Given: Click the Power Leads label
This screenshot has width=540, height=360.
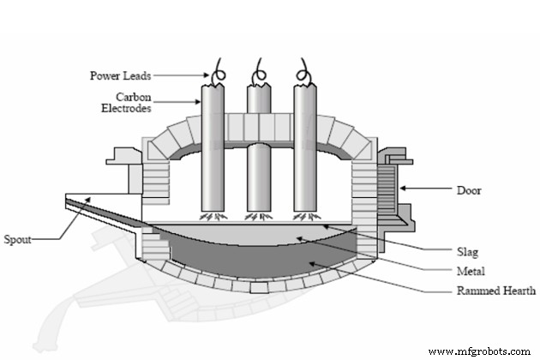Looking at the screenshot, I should [119, 75].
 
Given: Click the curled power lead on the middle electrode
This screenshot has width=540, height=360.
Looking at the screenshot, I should [258, 74].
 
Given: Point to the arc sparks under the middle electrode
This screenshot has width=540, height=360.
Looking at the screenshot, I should [258, 216].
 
